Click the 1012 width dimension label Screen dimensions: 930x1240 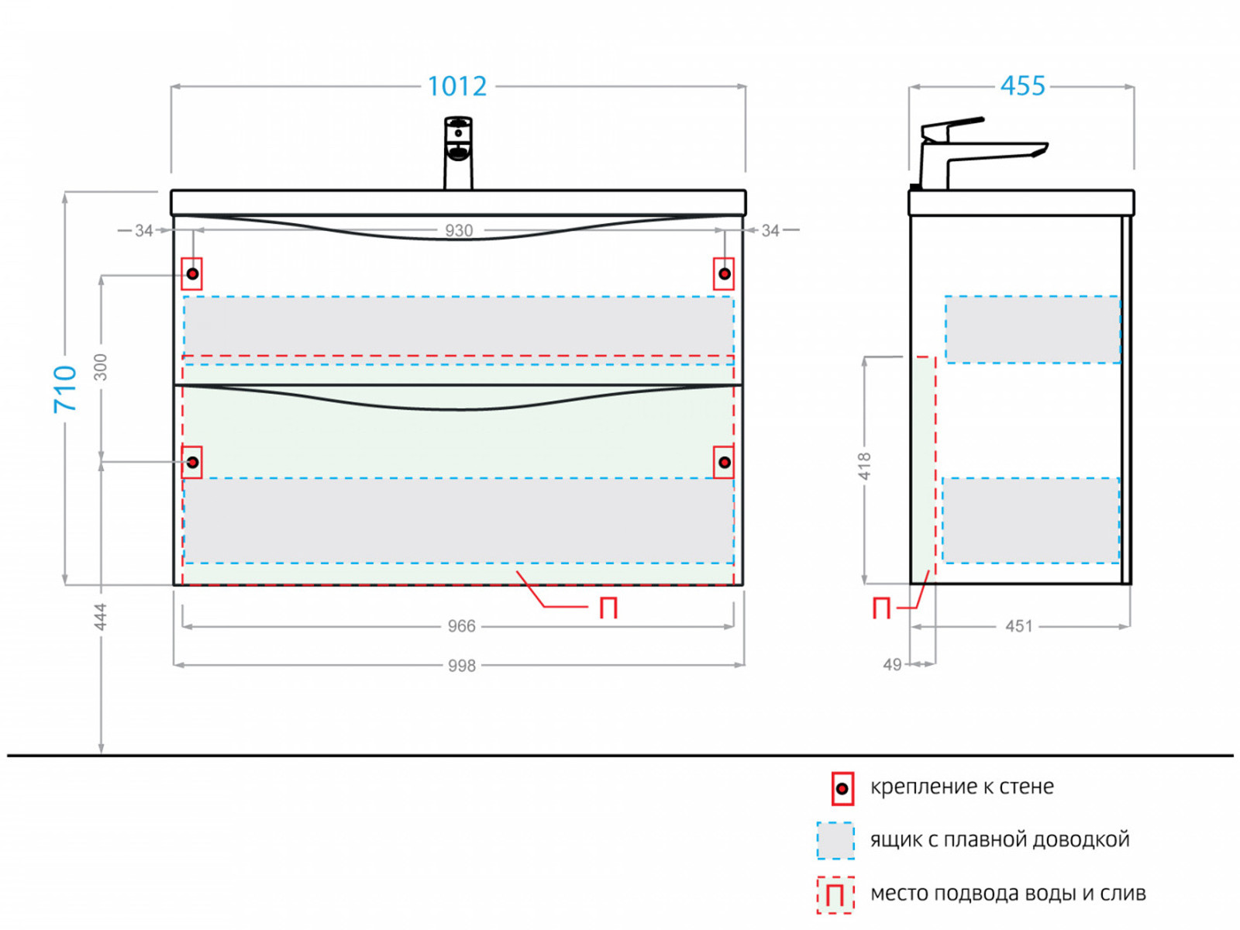point(457,86)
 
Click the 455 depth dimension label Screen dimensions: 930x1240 point(1022,85)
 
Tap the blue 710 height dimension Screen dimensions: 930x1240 point(66,387)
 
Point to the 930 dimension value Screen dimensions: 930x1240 point(459,230)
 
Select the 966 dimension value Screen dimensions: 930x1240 point(461,626)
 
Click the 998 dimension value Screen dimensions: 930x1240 point(461,666)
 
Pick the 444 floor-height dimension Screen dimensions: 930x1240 point(101,617)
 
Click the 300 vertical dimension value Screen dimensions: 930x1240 point(101,367)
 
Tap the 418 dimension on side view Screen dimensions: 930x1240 point(865,467)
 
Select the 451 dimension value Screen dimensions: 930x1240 point(1019,626)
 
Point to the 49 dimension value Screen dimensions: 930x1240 point(893,664)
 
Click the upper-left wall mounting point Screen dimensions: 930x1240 point(192,274)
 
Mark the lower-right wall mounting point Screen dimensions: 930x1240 point(724,463)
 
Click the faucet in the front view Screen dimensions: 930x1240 point(458,152)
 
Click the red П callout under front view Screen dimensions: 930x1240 point(608,608)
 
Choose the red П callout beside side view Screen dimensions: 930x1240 point(881,608)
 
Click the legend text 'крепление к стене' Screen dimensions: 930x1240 point(962,787)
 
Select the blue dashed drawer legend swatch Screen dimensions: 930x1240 point(835,841)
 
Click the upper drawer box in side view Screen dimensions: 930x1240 point(1032,329)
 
